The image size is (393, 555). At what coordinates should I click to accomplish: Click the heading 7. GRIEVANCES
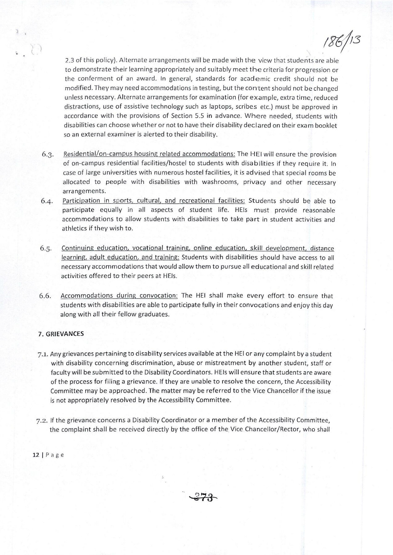pos(61,334)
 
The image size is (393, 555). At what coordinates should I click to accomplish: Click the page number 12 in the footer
pos(35,455)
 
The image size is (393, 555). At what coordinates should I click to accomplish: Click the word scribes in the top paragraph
pos(246,107)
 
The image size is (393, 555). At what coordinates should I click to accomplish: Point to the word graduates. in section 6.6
pos(153,315)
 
